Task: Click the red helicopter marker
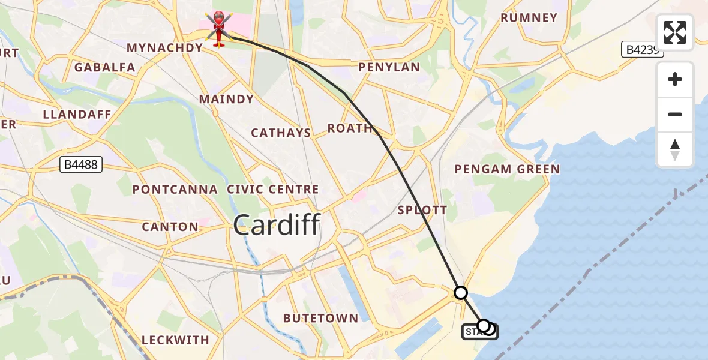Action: pos(218,29)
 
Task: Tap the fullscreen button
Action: pos(675,32)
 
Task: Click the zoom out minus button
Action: pos(675,114)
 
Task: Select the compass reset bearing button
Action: pos(675,149)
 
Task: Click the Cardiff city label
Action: pos(277,226)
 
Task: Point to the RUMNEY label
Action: pos(529,18)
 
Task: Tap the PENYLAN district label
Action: pos(389,67)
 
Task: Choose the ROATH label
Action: pos(350,128)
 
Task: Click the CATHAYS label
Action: pos(281,133)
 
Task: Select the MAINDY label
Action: pos(226,99)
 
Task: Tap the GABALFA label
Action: pos(105,67)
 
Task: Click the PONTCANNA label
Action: pos(175,190)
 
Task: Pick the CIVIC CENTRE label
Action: pos(273,190)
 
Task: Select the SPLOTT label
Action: pos(422,210)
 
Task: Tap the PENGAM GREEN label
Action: pos(507,169)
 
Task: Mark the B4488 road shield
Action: pos(81,164)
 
